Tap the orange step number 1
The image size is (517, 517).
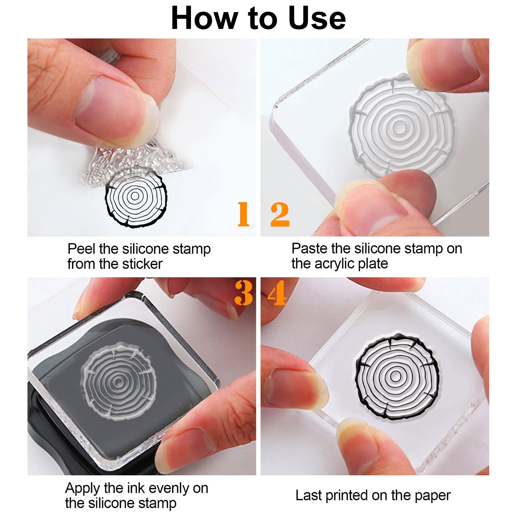pos(243,214)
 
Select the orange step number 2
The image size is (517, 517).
pos(280,214)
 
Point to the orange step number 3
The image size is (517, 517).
pos(244,293)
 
